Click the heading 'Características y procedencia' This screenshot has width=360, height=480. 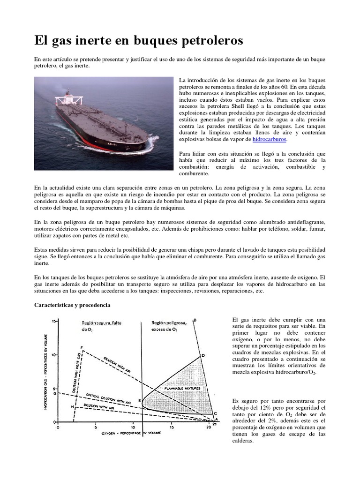(x=73, y=305)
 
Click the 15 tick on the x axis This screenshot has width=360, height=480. (x=172, y=427)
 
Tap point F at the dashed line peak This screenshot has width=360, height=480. (x=82, y=348)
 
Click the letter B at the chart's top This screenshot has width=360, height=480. (x=195, y=320)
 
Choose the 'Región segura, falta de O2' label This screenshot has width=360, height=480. (x=100, y=326)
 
